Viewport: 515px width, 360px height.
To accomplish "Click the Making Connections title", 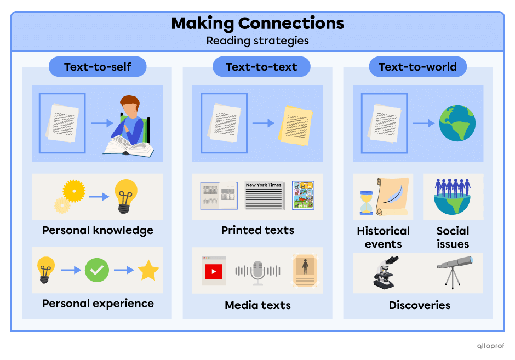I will pos(257,24).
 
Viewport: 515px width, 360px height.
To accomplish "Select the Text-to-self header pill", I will pos(98,67).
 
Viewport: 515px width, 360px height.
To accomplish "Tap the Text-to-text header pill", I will pos(261,67).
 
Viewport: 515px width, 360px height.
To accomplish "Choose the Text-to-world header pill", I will pos(417,67).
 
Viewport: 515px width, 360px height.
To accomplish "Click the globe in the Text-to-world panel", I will pos(457,123).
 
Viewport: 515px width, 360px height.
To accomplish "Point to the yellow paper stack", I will pos(295,125).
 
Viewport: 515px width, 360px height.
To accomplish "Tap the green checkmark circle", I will pos(97,270).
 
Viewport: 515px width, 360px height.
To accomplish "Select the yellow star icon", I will pos(148,271).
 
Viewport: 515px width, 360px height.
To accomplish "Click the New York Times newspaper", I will pos(264,196).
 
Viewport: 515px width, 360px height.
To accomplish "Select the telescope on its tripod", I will pos(454,271).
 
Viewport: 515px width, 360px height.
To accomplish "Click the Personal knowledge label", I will pos(98,230).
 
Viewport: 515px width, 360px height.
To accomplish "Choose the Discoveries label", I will pos(419,305).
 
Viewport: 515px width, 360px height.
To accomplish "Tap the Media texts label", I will pos(257,305).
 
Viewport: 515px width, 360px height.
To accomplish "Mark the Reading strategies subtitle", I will pos(257,41).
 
